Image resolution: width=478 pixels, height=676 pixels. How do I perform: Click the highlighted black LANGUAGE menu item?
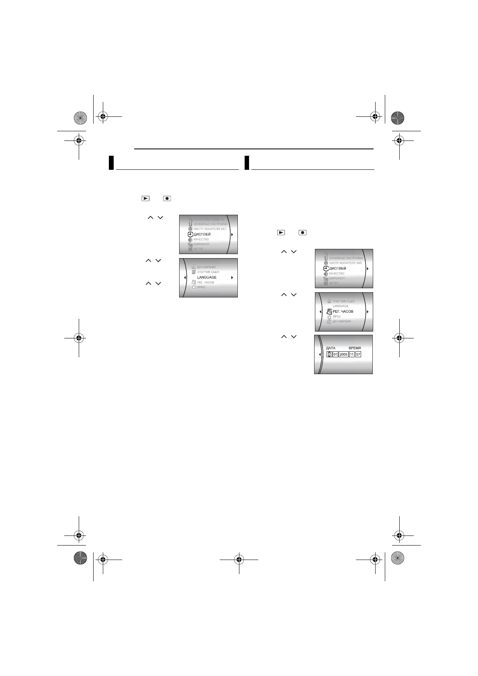pos(207,277)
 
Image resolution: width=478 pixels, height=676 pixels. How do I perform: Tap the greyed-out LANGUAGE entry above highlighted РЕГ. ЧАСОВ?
pos(340,306)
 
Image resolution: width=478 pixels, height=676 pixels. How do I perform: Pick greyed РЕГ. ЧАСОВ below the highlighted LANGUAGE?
pos(205,283)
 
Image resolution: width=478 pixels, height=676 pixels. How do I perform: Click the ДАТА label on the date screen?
pos(331,348)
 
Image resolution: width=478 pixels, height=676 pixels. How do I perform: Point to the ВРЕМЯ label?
pos(355,348)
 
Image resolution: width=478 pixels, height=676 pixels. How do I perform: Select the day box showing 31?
pos(329,354)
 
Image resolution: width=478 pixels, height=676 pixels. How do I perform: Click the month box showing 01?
pos(335,354)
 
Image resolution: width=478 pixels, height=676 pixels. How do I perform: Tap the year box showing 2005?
pos(343,354)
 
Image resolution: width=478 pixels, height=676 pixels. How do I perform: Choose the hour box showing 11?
pos(352,354)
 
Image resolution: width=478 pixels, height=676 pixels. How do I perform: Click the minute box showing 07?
pos(358,354)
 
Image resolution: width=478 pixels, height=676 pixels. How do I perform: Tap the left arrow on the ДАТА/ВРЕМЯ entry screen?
pos(320,354)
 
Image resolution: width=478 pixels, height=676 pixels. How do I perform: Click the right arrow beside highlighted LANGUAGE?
pos(232,277)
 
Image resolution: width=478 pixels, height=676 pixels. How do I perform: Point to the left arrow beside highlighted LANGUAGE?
pos(184,277)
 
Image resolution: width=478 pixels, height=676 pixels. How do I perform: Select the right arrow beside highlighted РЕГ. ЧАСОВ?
pos(368,312)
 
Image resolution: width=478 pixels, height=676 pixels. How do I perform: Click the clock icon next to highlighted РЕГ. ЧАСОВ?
pos(329,312)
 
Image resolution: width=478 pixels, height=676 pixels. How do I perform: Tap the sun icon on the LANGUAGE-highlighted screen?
pos(194,288)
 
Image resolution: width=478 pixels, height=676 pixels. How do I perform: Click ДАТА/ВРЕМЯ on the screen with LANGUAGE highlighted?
pos(206,267)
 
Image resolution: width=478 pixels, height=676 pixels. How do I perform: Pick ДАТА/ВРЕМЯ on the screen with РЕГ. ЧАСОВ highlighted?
pos(341,322)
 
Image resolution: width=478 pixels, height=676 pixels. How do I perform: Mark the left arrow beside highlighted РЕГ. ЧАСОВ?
pos(320,312)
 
